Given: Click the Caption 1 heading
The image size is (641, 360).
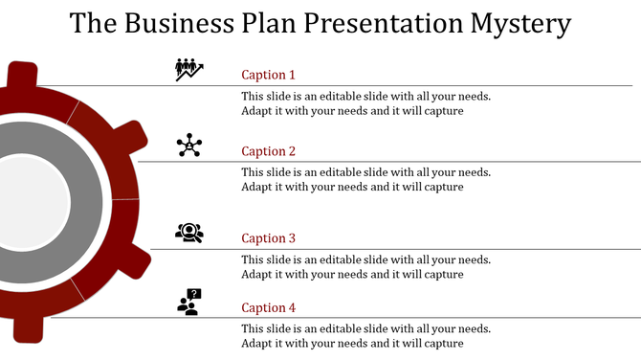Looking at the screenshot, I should pos(268,75).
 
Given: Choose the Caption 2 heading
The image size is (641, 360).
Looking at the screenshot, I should pos(268,151).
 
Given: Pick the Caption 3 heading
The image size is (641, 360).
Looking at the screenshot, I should pos(268,238).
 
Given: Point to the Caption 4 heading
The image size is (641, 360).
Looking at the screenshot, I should pos(268,307).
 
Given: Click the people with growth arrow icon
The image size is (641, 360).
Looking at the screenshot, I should pos(189,69).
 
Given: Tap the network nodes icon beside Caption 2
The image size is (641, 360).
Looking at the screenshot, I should pos(189,145).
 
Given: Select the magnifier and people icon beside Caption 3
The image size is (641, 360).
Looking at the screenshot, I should pos(189,232).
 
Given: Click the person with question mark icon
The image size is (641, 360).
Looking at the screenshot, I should pos(189,303).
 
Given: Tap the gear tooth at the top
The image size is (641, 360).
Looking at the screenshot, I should pos(22,76).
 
